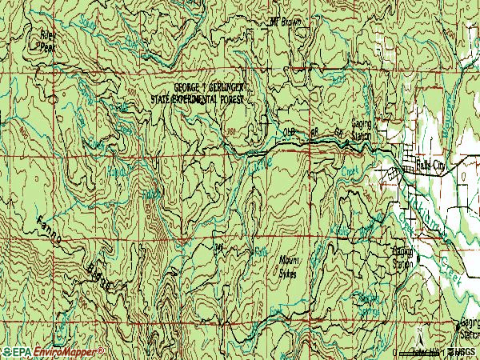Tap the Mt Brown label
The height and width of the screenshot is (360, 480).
click(x=286, y=22)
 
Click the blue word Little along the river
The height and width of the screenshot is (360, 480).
click(x=262, y=163)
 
